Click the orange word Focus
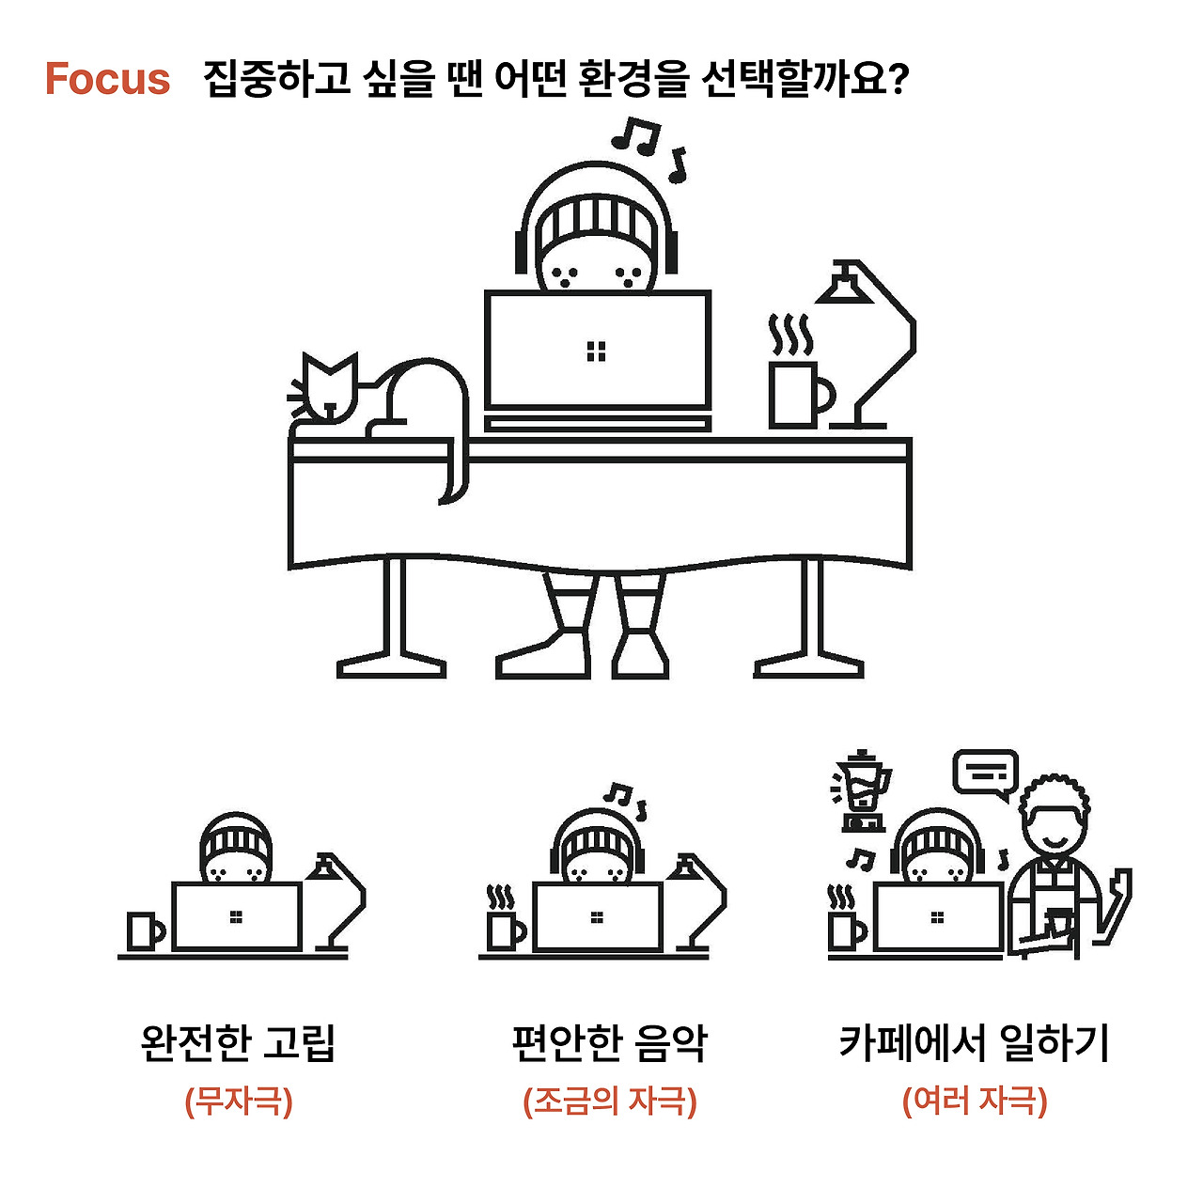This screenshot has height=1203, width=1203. click(x=107, y=79)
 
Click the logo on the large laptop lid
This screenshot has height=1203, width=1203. click(x=596, y=352)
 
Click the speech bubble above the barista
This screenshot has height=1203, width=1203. click(x=986, y=774)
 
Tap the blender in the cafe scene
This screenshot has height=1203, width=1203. click(x=862, y=791)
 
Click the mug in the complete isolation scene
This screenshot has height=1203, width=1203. click(x=145, y=930)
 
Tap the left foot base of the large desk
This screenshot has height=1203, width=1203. click(x=391, y=666)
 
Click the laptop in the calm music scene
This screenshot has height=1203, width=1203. click(x=598, y=917)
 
